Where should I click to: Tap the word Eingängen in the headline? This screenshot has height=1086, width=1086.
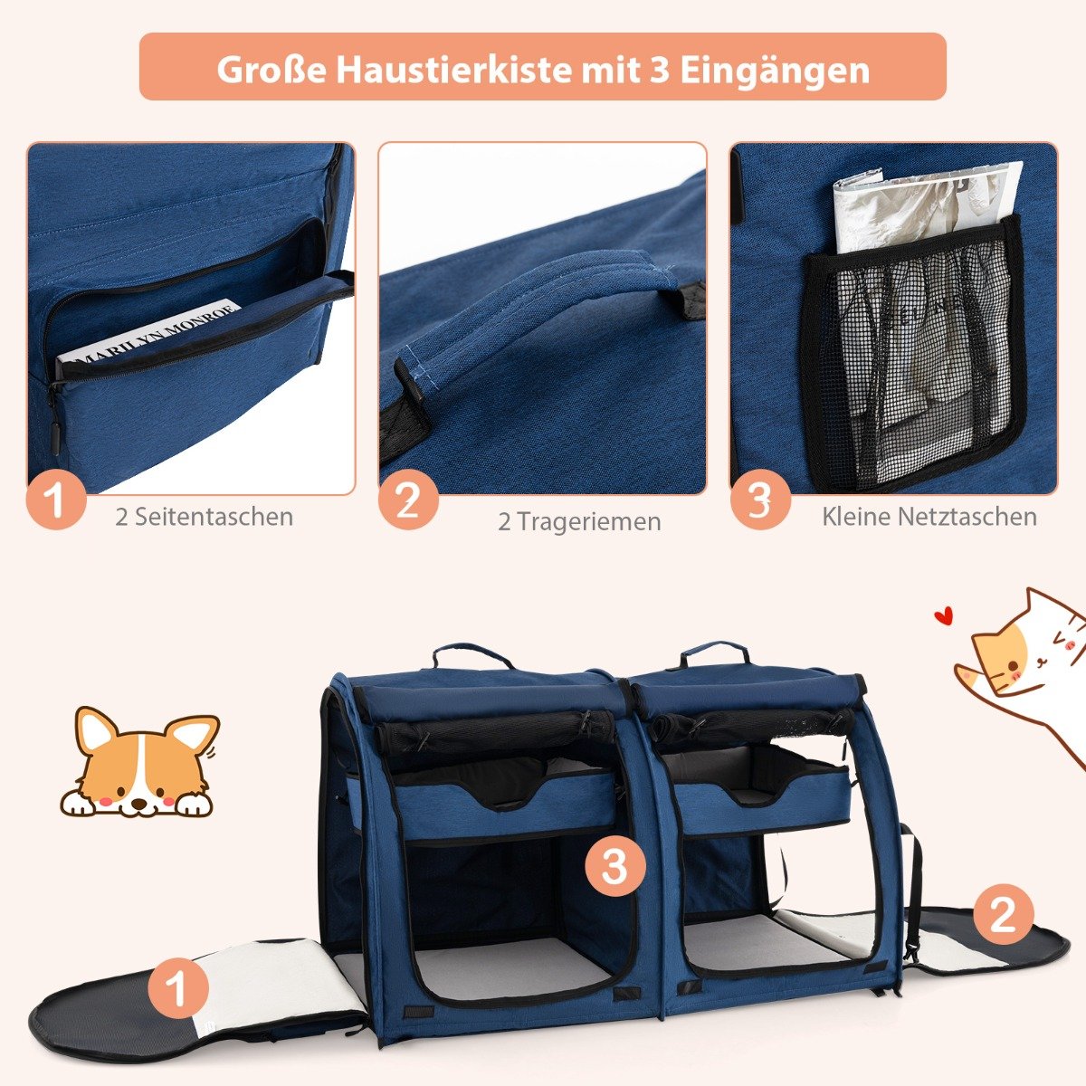775,71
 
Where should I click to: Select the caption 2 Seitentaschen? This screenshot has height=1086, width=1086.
204,516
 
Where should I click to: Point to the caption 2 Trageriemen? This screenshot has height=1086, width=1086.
579,521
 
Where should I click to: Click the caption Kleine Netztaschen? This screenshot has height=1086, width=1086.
929,516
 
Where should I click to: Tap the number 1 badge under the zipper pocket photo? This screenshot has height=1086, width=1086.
56,500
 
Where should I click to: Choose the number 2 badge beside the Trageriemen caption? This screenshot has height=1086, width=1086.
408,500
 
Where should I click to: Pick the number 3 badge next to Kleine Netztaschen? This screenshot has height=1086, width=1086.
760,500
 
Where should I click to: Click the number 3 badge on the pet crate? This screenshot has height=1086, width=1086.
614,866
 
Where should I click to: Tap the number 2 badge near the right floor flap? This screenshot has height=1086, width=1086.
1003,914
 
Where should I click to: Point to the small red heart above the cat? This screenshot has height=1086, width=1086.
943,614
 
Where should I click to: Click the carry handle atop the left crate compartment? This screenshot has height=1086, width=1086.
472,655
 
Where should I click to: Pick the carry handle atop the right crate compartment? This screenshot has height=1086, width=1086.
715,651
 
